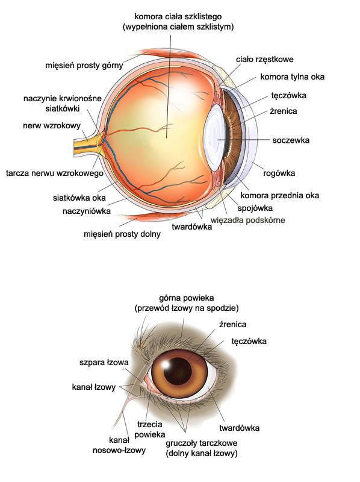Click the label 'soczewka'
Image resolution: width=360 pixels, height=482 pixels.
(291, 140)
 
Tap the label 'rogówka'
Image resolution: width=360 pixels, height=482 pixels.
(279, 174)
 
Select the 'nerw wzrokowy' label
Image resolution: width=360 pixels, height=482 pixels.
(52, 125)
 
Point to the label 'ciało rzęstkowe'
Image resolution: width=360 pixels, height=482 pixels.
(264, 59)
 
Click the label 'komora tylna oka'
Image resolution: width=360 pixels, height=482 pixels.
(292, 77)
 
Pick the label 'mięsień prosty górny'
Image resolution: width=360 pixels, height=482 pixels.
(84, 66)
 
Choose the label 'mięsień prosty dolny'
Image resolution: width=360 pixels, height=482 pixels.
(122, 234)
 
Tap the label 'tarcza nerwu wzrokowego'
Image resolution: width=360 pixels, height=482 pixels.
(55, 173)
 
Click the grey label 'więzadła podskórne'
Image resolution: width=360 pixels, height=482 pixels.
(247, 220)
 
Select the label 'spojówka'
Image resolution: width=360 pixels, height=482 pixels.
(255, 208)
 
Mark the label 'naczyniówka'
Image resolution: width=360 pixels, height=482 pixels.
(86, 211)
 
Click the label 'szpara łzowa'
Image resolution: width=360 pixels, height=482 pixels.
(104, 363)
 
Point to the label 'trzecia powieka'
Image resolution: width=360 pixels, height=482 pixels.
(149, 430)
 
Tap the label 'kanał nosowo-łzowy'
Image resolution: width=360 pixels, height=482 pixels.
(119, 445)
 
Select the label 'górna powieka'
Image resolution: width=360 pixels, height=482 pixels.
(187, 298)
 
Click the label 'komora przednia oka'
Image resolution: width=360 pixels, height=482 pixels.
(279, 195)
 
